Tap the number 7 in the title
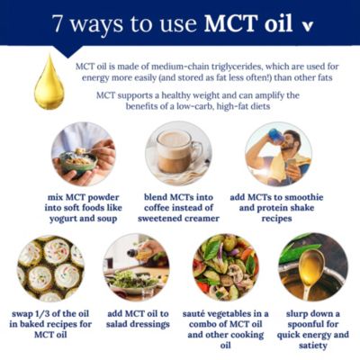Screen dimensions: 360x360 58,23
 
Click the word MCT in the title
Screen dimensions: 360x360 230,22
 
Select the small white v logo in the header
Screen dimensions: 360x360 307,26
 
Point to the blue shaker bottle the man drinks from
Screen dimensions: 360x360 276,137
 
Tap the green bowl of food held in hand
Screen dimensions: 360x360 78,163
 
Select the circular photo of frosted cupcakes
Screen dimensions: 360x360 50,268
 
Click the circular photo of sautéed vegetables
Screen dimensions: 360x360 226,267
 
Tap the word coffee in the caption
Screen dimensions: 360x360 159,208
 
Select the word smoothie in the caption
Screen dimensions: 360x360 303,197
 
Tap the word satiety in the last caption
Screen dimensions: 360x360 313,346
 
